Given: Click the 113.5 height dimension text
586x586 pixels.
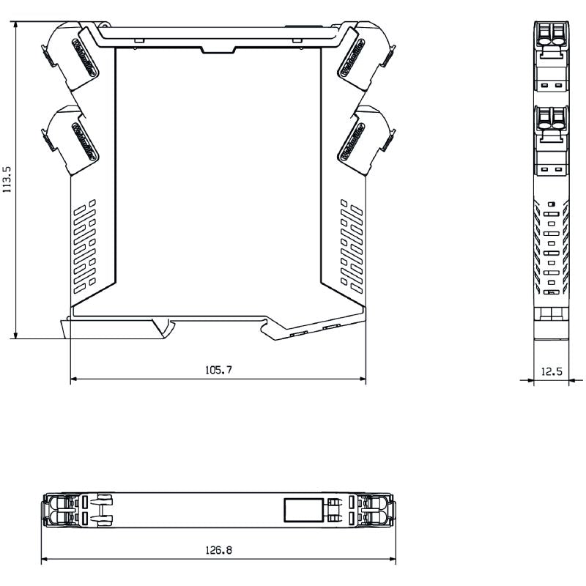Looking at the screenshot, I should [7, 179].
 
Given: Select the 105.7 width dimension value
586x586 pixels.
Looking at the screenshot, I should [218, 371].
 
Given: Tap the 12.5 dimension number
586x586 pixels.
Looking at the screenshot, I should [551, 371].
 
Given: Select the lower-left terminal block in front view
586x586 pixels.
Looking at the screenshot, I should [72, 139].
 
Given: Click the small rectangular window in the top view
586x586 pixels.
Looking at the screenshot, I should [304, 510].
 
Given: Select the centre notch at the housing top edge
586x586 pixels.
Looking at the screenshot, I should [218, 50].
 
